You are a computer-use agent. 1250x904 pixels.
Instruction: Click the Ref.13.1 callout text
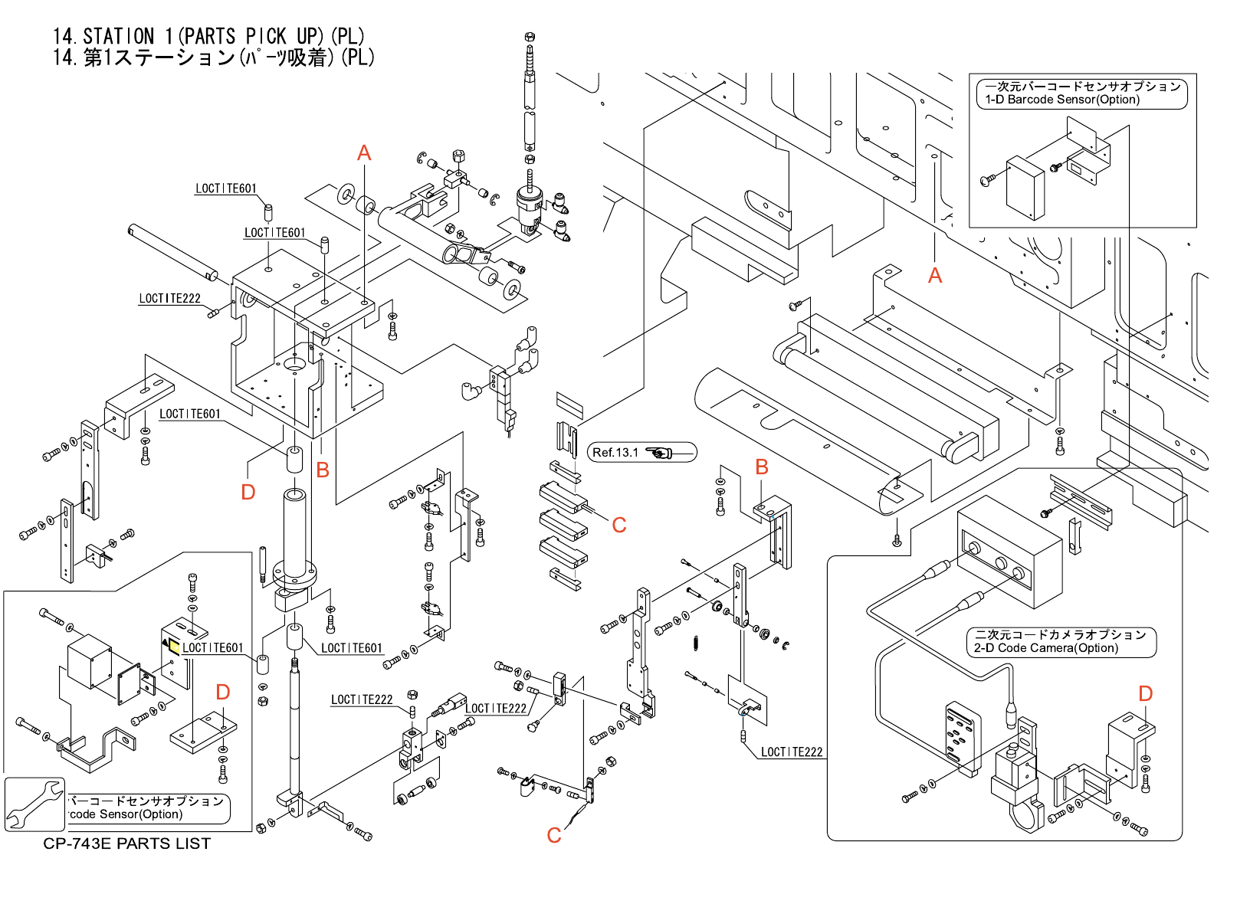(615, 453)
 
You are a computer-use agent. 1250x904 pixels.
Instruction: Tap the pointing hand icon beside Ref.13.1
(659, 453)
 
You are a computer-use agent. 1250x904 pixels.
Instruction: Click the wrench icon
(34, 804)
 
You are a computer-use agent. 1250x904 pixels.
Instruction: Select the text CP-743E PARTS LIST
(126, 843)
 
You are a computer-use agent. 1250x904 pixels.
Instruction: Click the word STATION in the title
(118, 36)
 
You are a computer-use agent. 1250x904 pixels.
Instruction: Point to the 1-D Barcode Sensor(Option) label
(1062, 100)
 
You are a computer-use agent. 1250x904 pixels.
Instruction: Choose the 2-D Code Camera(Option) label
(1046, 648)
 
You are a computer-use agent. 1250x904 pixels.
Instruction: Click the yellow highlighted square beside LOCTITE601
(175, 647)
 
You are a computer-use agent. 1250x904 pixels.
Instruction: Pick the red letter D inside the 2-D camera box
(1145, 694)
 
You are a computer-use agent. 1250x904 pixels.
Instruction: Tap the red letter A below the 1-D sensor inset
(935, 276)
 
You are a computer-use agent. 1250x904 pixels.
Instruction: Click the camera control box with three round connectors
(1009, 552)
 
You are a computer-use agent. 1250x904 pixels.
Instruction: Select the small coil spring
(696, 643)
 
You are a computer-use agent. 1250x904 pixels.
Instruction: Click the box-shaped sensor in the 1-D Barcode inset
(1025, 188)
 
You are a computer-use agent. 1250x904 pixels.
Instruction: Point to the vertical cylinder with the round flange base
(295, 536)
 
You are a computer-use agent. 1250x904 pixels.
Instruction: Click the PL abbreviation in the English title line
(349, 36)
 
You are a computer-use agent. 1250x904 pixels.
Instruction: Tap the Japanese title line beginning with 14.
(213, 57)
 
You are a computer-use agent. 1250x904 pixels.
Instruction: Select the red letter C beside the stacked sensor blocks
(619, 526)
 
